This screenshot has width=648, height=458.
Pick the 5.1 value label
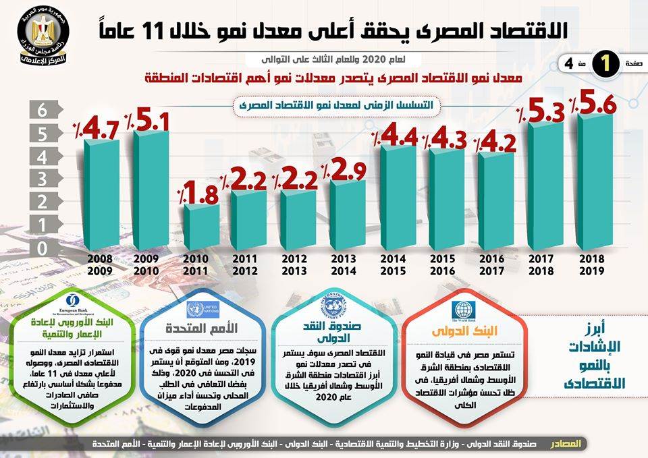(x=152, y=121)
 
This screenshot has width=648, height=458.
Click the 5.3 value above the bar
(x=545, y=113)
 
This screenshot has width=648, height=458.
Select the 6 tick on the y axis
(x=42, y=111)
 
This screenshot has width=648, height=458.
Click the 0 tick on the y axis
(x=42, y=248)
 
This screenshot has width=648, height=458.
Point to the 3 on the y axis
(x=42, y=179)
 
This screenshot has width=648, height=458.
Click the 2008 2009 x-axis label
(x=101, y=264)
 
